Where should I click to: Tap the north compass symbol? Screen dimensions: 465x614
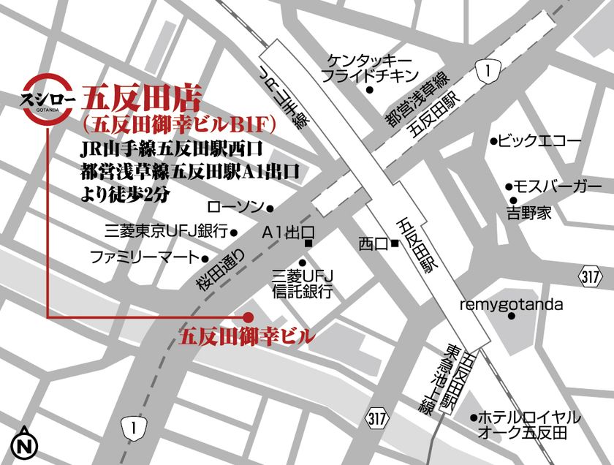[x=26, y=442]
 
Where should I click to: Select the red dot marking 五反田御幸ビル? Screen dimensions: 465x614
[x=248, y=317]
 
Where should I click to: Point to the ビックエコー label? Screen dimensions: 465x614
[x=539, y=141]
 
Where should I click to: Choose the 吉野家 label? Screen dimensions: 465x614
[x=529, y=213]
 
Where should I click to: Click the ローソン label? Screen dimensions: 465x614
[x=235, y=208]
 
